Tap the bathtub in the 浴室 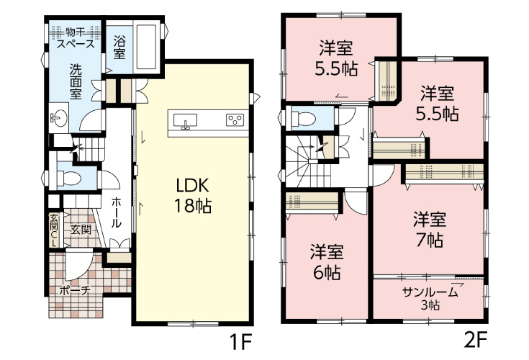(148, 45)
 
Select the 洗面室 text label (76, 81)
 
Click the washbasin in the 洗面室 (58, 117)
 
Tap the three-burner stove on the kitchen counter (235, 120)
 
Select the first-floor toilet (65, 176)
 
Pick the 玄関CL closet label (54, 230)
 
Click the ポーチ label (74, 291)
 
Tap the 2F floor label (476, 338)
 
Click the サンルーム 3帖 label (429, 297)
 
